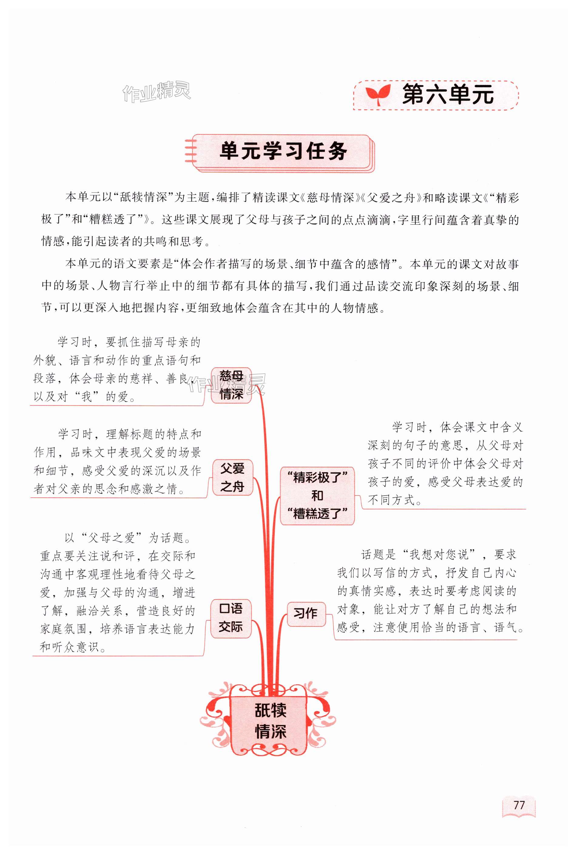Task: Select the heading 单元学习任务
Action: (x=283, y=151)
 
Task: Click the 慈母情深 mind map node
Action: (x=231, y=385)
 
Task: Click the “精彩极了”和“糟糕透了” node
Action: (x=317, y=496)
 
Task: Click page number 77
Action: (x=519, y=805)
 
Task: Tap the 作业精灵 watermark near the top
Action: (x=157, y=92)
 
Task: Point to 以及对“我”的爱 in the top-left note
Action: (x=81, y=397)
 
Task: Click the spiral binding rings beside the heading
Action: (x=191, y=152)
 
